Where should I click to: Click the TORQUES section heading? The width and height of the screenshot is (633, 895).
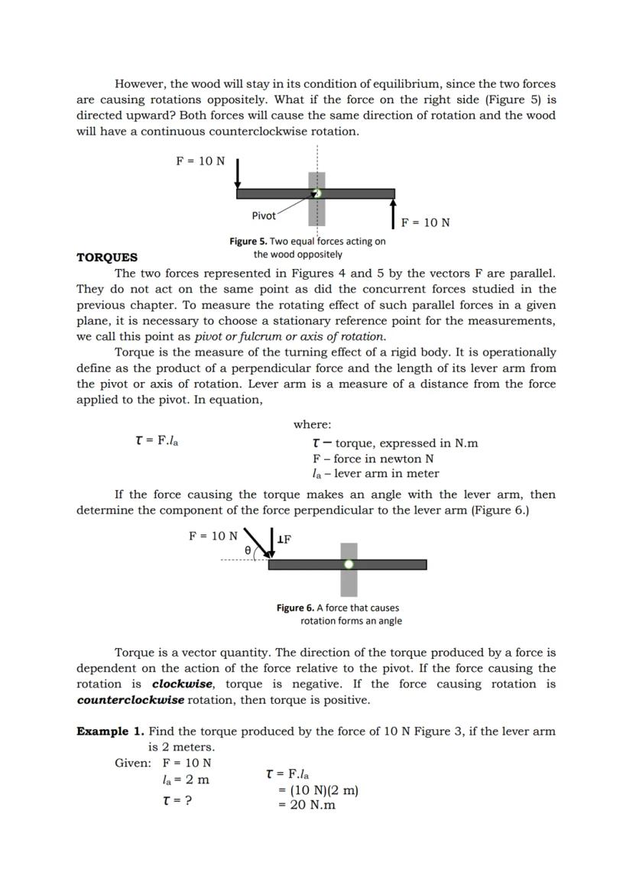tap(107, 258)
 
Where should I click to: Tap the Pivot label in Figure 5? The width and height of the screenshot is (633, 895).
tap(264, 216)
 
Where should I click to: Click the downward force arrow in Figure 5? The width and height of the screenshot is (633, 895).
tap(238, 173)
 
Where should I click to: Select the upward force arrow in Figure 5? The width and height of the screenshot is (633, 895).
tap(393, 213)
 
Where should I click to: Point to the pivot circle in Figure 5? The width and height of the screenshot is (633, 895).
tap(317, 193)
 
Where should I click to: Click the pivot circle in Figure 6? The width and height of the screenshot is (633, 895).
tap(349, 564)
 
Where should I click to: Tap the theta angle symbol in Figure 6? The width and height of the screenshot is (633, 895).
tap(247, 550)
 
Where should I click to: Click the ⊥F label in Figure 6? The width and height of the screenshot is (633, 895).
tap(284, 540)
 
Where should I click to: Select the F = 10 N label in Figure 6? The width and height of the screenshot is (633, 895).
tap(213, 536)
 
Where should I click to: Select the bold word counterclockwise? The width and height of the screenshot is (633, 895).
tap(130, 700)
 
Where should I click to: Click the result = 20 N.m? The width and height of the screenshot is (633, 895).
tap(307, 805)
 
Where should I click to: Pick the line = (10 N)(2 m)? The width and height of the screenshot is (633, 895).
tap(317, 790)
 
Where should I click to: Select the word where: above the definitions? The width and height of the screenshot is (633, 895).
tap(312, 424)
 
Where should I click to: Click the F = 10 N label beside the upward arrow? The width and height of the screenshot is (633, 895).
tap(425, 222)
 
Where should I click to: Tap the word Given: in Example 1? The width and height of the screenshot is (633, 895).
tap(133, 763)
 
